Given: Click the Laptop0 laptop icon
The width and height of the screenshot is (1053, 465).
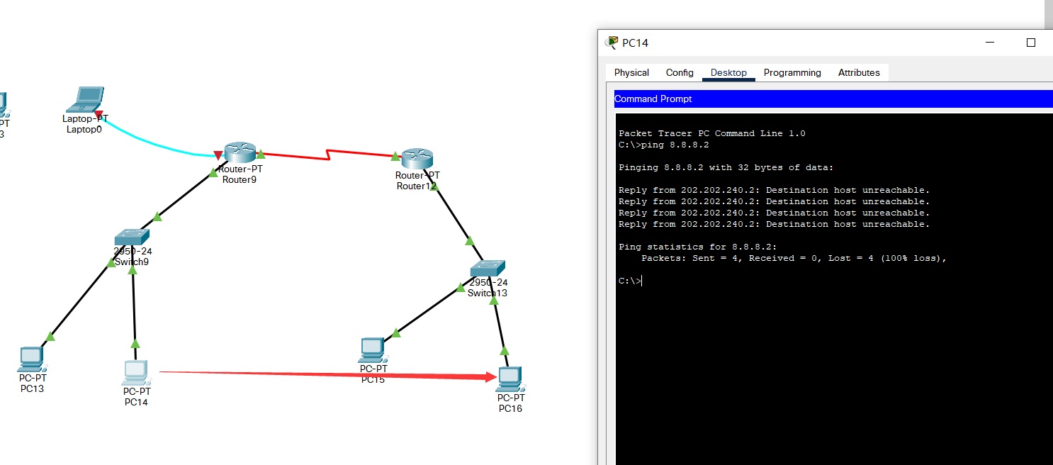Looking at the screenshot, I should pos(86,99).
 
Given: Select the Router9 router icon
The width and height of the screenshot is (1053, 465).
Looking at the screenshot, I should pos(240,152).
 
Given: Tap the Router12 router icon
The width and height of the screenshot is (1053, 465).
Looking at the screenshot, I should pos(417,159).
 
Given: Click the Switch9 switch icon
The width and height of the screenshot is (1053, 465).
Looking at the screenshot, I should pos(131,237).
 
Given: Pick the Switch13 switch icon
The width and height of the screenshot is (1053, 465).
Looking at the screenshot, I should pos(488,269).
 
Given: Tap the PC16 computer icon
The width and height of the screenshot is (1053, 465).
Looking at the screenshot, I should pos(510,380).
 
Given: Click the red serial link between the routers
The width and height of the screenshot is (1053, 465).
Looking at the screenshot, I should pos(327,154).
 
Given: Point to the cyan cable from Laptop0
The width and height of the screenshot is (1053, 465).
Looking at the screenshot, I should pos(156,143).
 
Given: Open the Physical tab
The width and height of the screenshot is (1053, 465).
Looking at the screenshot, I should pos(631,72).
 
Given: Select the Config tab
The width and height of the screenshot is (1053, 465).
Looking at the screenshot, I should pos(680,72).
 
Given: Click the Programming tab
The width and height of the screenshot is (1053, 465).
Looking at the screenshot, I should pos(792,72).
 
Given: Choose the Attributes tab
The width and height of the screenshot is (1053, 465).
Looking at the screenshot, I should pos(859,72).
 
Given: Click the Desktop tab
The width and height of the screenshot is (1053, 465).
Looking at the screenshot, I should pos(728,72).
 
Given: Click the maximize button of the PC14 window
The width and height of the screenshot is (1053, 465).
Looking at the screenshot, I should pos(1031,43).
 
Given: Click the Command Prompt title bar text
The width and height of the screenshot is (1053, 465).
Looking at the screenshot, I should pos(653,99).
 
